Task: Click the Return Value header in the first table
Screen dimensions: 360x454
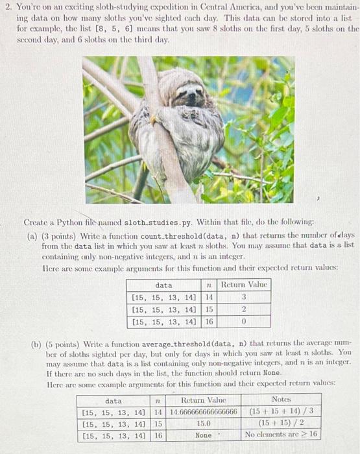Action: tap(244, 285)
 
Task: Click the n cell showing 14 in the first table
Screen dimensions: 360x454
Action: tap(209, 297)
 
